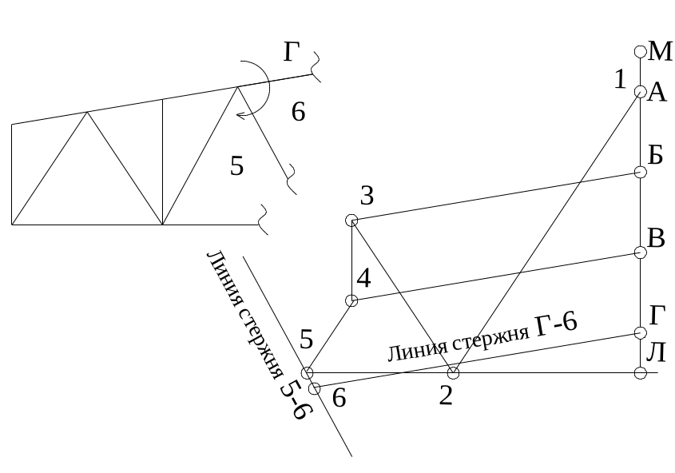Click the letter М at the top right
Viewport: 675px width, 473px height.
pyautogui.click(x=661, y=52)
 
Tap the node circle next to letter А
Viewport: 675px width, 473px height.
pyautogui.click(x=640, y=92)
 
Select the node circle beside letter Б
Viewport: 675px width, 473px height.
pyautogui.click(x=640, y=172)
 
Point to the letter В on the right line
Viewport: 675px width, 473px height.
pyautogui.click(x=657, y=239)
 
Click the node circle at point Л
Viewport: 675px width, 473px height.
pyautogui.click(x=640, y=373)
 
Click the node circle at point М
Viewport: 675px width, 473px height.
pyautogui.click(x=640, y=51)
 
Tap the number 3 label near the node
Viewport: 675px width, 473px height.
pyautogui.click(x=367, y=195)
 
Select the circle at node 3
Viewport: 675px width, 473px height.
pyautogui.click(x=351, y=220)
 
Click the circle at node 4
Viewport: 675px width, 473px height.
pyautogui.click(x=351, y=300)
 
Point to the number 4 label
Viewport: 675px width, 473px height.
pyautogui.click(x=363, y=279)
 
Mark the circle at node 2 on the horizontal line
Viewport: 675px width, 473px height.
pyautogui.click(x=453, y=373)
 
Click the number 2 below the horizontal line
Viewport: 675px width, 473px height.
pyautogui.click(x=446, y=395)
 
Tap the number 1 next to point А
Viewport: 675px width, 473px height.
pyautogui.click(x=620, y=79)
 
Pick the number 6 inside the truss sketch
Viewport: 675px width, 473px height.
pyautogui.click(x=298, y=113)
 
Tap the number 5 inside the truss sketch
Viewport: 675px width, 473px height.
pyautogui.click(x=237, y=166)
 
